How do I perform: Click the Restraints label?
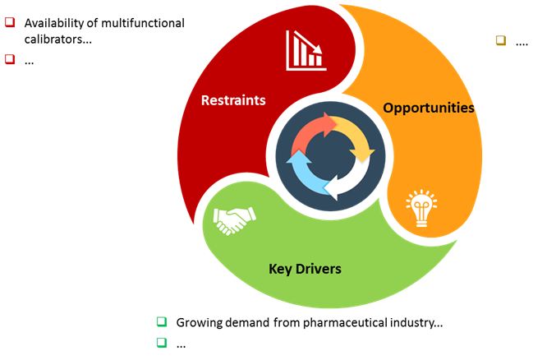[x=233, y=100]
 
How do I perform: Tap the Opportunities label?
[x=429, y=108]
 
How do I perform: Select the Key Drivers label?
[x=305, y=269]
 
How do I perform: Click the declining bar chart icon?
[x=306, y=50]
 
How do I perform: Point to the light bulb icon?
[x=421, y=208]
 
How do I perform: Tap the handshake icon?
[x=234, y=220]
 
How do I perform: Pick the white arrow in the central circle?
[x=350, y=180]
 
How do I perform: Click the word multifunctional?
[x=143, y=23]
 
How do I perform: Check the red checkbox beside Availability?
[x=10, y=22]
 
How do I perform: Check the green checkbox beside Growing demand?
[x=162, y=321]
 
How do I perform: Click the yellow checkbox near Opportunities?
[x=501, y=40]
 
